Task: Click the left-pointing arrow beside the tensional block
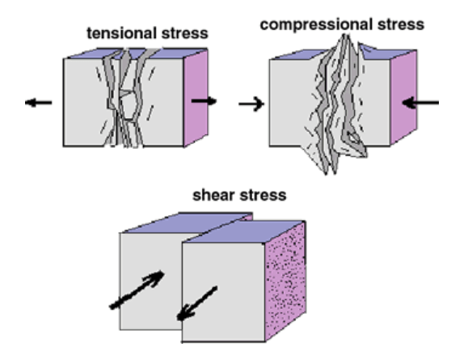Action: pyautogui.click(x=39, y=103)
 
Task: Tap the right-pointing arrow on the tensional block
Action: pyautogui.click(x=204, y=101)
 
